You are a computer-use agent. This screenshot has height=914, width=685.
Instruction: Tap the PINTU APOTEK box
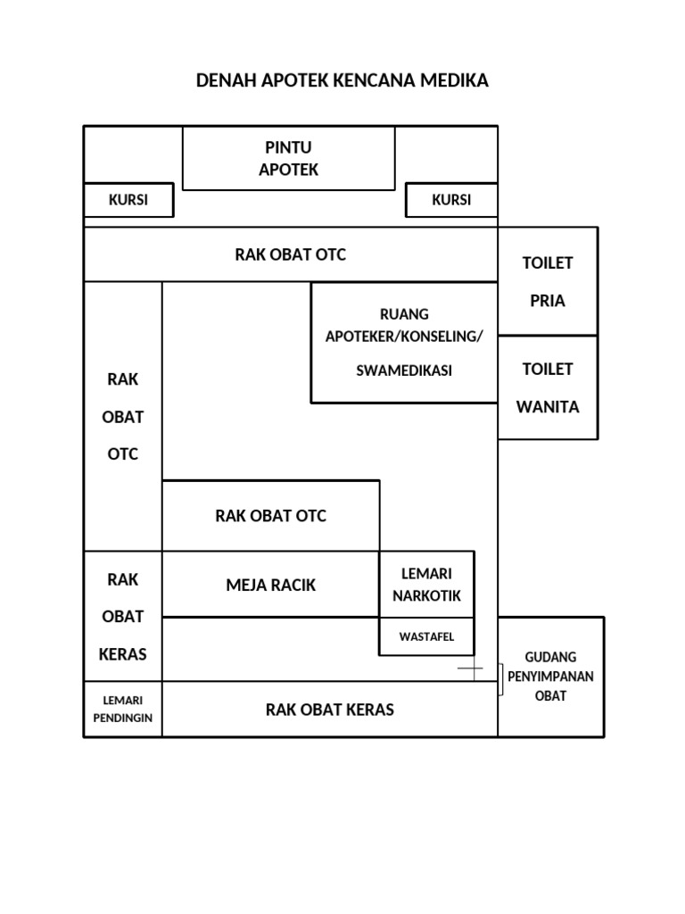tap(289, 158)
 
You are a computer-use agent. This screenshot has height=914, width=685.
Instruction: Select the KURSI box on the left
tap(128, 200)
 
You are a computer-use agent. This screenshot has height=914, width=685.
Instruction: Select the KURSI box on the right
tap(451, 200)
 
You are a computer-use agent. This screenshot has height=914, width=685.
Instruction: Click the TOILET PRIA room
tap(548, 281)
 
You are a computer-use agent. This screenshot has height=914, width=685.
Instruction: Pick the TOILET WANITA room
tap(548, 387)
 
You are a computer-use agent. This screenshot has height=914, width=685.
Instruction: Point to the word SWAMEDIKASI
tap(404, 370)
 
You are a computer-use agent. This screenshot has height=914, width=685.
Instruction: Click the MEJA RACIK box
tap(271, 584)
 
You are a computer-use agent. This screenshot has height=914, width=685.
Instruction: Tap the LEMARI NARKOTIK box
tap(427, 584)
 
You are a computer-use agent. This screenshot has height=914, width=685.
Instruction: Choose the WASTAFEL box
tap(427, 636)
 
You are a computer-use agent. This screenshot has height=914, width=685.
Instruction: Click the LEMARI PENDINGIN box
tap(123, 709)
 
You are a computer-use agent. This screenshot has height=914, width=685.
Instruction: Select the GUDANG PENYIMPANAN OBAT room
tap(551, 677)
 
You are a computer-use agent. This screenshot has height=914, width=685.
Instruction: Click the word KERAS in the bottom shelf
tap(370, 710)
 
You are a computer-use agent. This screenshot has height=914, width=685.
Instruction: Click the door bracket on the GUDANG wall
tap(500, 679)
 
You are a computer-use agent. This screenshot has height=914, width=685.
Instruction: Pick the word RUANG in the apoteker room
tap(404, 314)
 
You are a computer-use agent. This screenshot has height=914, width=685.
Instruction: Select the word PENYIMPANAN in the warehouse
tap(551, 677)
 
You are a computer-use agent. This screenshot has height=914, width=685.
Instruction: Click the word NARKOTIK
tap(427, 595)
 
